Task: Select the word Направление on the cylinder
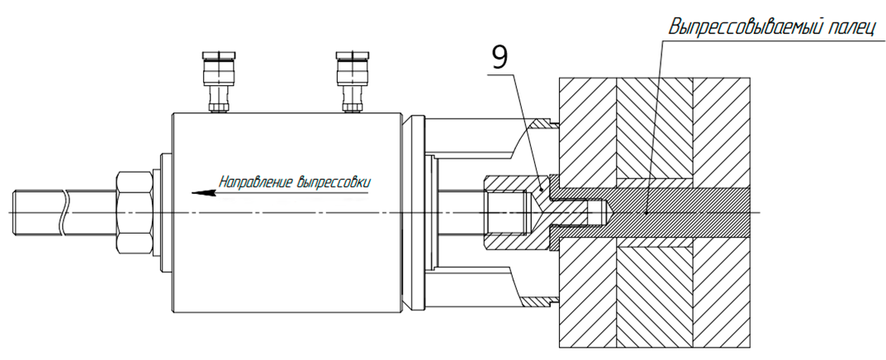[x=256, y=182]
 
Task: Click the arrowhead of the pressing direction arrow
[x=203, y=193]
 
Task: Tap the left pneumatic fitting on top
[x=217, y=82]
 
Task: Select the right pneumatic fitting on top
[x=352, y=82]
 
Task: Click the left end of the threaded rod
[x=12, y=213]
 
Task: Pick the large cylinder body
[x=286, y=213]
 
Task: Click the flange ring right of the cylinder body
[x=415, y=213]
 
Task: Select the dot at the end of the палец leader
[x=647, y=214]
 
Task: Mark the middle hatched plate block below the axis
[x=656, y=297]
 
